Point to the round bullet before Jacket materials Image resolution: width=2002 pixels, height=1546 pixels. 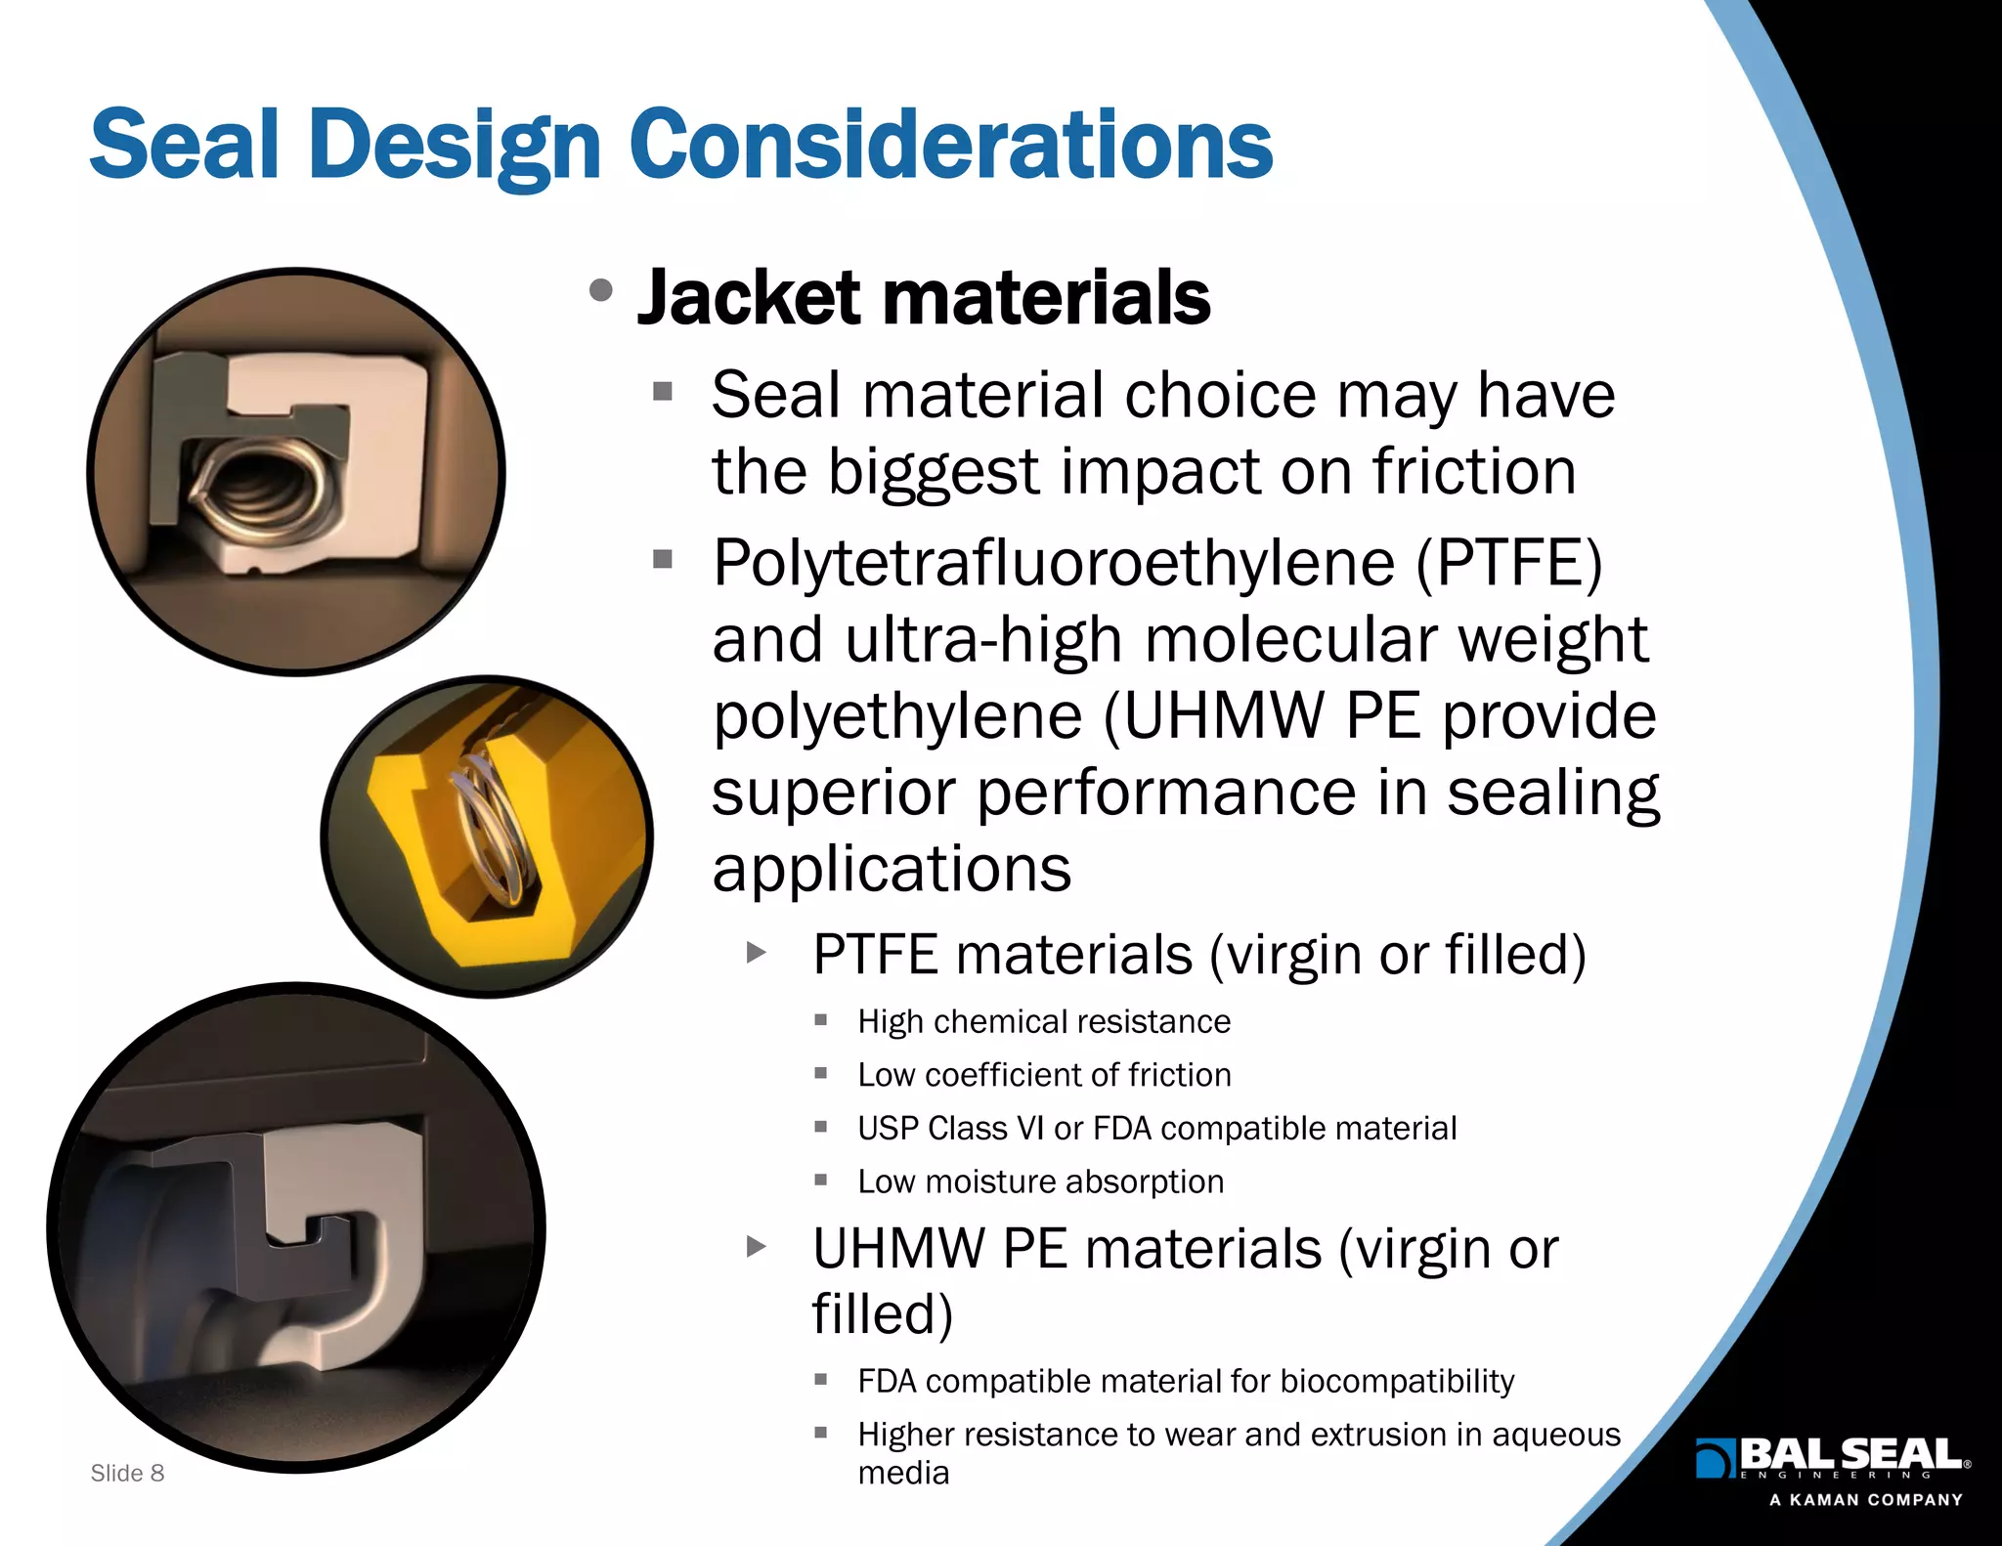point(601,290)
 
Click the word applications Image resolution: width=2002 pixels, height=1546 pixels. point(891,868)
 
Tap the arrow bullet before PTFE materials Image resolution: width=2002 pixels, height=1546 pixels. point(756,953)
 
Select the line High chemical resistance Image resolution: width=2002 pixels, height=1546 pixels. point(1043,1021)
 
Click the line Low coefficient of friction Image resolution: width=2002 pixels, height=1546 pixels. point(1043,1075)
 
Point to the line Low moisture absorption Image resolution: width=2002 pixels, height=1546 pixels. point(1040,1181)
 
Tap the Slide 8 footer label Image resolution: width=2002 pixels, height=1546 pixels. point(127,1473)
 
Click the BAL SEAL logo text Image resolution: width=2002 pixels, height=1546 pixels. point(1850,1453)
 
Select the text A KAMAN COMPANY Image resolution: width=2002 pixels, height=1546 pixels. point(1865,1500)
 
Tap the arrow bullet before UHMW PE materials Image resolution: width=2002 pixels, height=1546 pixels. point(756,1247)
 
